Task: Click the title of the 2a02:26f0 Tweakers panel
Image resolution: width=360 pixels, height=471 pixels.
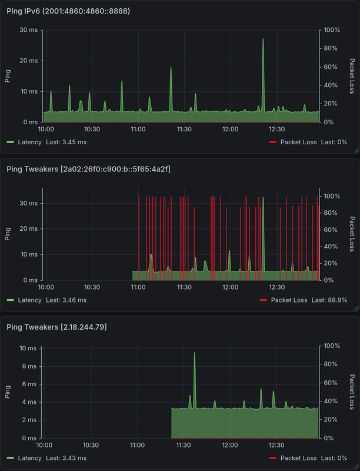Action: coord(88,169)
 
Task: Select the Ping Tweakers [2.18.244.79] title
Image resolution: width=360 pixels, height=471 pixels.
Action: coord(56,326)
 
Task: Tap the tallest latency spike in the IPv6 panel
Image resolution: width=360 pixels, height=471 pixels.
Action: coord(263,40)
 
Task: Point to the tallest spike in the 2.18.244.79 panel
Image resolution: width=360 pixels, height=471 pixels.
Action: coord(195,354)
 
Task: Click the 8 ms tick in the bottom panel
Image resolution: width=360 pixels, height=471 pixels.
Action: coord(28,366)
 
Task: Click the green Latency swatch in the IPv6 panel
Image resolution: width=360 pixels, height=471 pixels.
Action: coord(11,142)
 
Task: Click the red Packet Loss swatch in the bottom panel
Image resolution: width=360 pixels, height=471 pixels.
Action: coord(272,457)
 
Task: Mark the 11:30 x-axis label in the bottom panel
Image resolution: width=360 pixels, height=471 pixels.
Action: coord(184,445)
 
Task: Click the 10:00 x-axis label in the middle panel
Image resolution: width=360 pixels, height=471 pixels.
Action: coord(46,287)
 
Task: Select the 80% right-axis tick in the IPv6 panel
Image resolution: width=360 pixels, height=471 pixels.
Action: coord(332,48)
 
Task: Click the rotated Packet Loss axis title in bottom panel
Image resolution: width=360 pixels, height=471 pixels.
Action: coord(352,392)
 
